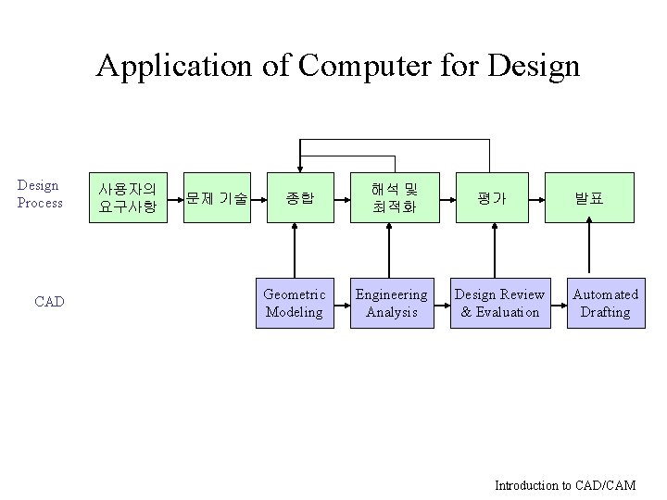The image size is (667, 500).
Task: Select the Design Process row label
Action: tap(40, 194)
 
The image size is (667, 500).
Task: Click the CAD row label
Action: tap(49, 302)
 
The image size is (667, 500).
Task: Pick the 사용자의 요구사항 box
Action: tap(127, 198)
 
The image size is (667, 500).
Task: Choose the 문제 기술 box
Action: tap(217, 198)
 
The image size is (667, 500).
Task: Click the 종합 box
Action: tap(299, 198)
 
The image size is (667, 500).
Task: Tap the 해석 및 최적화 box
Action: tap(395, 198)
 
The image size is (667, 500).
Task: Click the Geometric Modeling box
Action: tap(295, 303)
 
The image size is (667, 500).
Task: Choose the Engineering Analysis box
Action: tap(391, 303)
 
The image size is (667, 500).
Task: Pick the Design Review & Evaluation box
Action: tap(499, 303)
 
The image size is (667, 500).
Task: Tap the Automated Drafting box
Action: tap(605, 303)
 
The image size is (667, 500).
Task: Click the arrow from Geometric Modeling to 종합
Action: tap(296, 250)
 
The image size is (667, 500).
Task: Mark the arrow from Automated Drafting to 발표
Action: tap(590, 250)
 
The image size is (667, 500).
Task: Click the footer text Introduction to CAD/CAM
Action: tap(564, 485)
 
